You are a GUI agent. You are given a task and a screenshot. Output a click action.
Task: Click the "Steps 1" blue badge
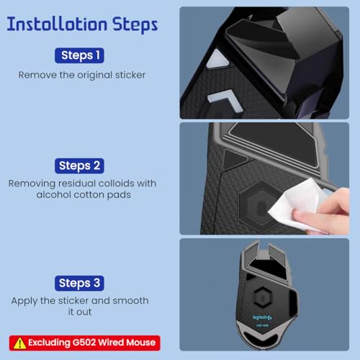tap(79, 55)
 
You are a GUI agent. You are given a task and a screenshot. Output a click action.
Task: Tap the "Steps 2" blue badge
tap(79, 166)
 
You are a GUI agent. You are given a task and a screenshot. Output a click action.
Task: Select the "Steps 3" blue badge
tap(79, 283)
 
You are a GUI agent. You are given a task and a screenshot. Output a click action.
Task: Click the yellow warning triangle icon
tap(19, 343)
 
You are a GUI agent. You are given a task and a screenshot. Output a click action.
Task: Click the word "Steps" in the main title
tap(135, 25)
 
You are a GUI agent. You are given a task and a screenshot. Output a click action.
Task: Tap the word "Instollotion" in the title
tap(57, 24)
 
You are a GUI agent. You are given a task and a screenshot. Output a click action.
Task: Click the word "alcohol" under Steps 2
tap(54, 194)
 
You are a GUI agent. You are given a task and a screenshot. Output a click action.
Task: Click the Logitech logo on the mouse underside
tap(262, 318)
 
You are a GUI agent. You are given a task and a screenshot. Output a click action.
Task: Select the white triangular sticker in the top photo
tap(217, 60)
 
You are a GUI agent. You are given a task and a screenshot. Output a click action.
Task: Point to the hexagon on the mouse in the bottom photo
tap(262, 297)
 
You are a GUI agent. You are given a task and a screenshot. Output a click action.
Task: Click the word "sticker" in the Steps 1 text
tap(130, 75)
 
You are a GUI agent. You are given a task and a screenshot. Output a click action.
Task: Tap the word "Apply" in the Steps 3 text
tap(24, 301)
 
